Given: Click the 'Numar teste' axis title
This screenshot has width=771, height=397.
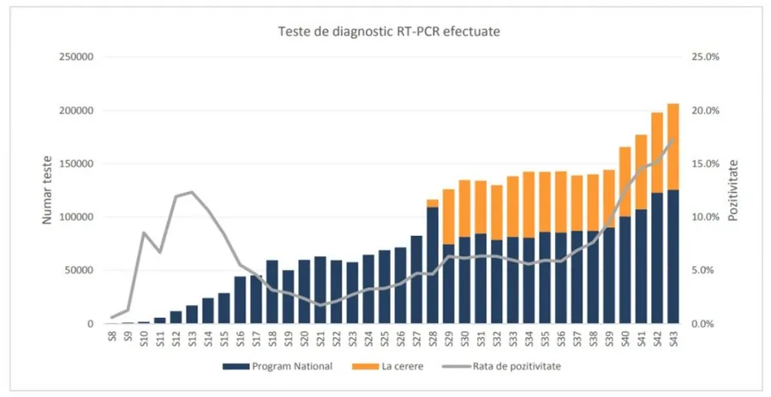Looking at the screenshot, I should [x=49, y=190].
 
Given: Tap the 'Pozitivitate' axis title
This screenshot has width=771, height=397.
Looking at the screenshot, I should [x=733, y=190].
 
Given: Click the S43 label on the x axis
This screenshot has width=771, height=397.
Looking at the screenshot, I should [x=673, y=339].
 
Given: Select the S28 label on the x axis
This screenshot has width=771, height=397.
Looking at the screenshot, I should [x=433, y=339].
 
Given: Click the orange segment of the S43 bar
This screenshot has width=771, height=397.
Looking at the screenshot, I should [x=673, y=141].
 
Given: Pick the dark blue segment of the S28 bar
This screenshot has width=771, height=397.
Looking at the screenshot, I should [x=433, y=266].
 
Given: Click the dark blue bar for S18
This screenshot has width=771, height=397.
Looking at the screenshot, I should [x=272, y=292].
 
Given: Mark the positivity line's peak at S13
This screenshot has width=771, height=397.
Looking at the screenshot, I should [x=191, y=192].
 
